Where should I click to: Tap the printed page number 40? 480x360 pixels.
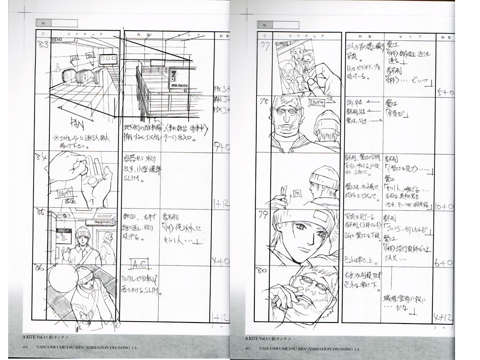click(x=248, y=348)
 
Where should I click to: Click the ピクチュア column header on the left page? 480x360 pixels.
click(x=77, y=35)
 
